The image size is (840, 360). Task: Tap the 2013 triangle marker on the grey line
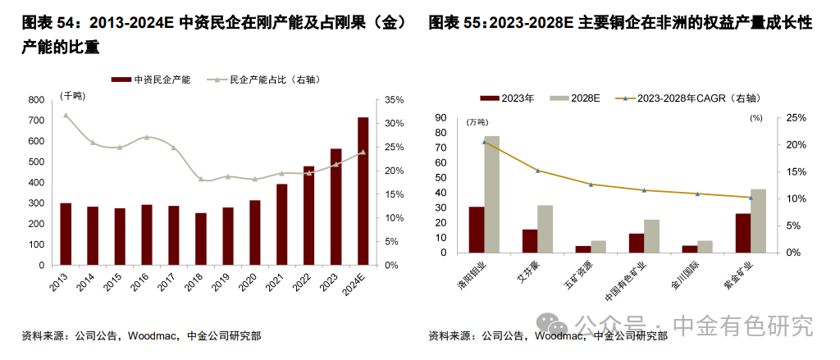[66, 115]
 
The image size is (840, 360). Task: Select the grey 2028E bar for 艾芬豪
[545, 229]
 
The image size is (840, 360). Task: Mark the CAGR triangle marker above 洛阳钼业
[484, 142]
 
